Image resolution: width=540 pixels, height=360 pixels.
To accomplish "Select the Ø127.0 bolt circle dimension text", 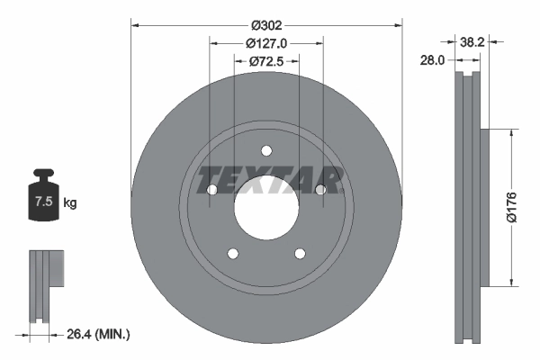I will pyautogui.click(x=265, y=43).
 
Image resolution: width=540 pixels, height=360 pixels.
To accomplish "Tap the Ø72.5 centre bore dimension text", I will pyautogui.click(x=265, y=61).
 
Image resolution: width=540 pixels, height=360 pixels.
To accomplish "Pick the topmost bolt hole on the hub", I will pyautogui.click(x=266, y=150).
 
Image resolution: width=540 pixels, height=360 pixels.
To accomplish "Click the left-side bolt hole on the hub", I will pyautogui.click(x=211, y=190).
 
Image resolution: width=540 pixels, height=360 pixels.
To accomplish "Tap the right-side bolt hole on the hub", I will pyautogui.click(x=321, y=190).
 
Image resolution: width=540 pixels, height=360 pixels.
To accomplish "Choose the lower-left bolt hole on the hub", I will pyautogui.click(x=232, y=254).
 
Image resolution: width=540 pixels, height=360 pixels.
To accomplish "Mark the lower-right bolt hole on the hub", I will pyautogui.click(x=301, y=254).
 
